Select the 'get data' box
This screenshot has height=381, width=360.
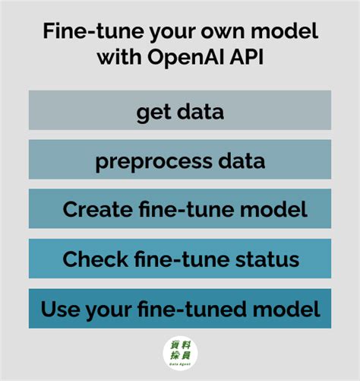(180, 110)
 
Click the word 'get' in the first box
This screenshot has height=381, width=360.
(152, 112)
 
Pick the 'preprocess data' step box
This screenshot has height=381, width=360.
(180, 160)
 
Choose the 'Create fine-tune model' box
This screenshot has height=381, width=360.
(180, 209)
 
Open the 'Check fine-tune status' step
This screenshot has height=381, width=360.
(180, 259)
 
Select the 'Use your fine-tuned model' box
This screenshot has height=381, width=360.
(180, 309)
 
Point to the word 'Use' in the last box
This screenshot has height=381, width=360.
(58, 309)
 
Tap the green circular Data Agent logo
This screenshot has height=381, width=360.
(180, 354)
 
